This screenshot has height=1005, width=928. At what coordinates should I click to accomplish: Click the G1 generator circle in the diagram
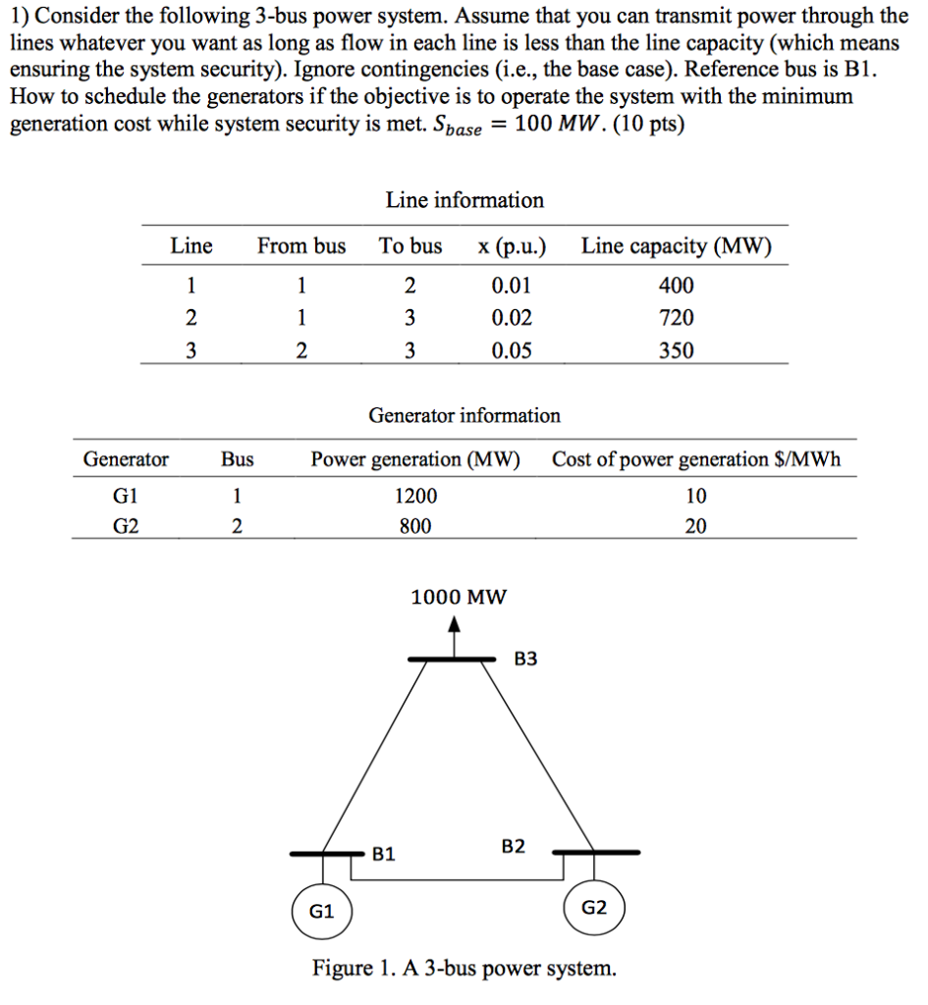click(322, 911)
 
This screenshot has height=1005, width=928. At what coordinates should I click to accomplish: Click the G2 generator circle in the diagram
click(594, 908)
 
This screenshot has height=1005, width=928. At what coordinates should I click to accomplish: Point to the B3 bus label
click(526, 660)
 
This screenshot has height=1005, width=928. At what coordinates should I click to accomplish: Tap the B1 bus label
click(384, 854)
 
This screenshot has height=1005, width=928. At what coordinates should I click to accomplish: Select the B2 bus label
click(514, 846)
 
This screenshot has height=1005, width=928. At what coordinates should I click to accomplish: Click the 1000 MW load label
click(459, 597)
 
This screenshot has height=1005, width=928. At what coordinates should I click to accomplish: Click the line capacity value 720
click(677, 318)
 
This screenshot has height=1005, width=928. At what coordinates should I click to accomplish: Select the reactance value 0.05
click(512, 350)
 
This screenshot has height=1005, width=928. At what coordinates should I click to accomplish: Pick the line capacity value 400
click(677, 286)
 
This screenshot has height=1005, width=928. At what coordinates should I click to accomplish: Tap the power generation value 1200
click(415, 496)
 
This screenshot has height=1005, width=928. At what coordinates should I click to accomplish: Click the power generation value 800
click(415, 527)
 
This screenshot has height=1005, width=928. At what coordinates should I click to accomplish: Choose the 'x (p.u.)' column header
click(512, 246)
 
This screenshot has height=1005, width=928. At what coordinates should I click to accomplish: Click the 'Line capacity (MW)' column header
click(677, 246)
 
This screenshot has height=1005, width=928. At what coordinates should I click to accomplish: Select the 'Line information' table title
click(464, 200)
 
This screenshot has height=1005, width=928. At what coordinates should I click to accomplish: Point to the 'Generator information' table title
click(464, 415)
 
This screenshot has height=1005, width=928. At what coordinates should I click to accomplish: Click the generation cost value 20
click(695, 527)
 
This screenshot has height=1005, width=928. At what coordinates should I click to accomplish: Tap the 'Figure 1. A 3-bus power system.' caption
click(464, 970)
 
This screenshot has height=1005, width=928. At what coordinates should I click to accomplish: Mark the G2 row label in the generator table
click(126, 527)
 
